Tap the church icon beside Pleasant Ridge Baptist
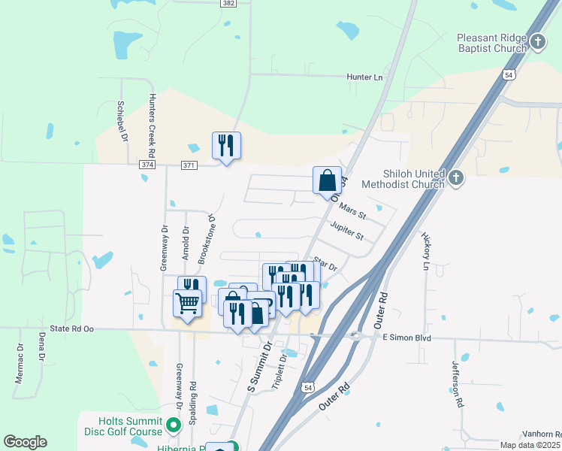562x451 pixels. [x=537, y=41]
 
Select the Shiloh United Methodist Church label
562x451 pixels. [x=404, y=178]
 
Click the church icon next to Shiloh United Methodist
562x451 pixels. [x=456, y=178]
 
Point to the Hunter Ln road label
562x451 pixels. [x=364, y=77]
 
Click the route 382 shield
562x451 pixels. [x=229, y=4]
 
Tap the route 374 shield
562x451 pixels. [x=147, y=165]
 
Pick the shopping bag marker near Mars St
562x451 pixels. [x=327, y=180]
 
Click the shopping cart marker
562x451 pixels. [x=187, y=304]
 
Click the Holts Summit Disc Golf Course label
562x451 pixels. [x=131, y=425]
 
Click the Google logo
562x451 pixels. [x=26, y=442]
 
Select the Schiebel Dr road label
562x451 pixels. [x=122, y=122]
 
